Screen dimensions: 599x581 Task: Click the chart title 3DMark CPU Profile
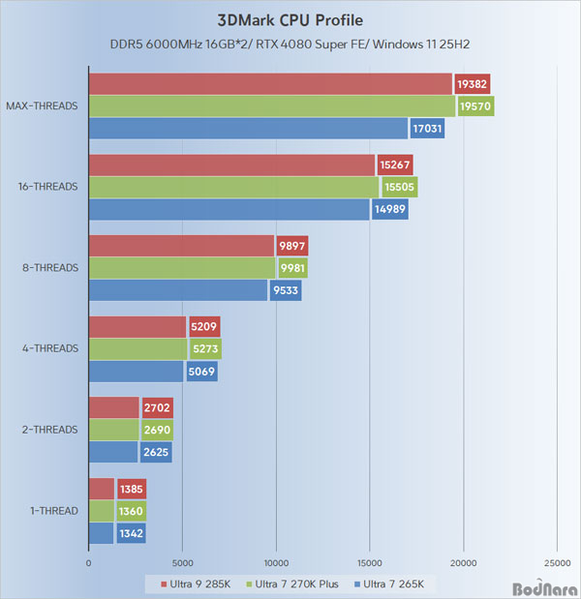point(290,19)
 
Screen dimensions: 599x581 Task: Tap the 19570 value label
point(475,106)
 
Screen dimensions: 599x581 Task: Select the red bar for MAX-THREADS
point(270,84)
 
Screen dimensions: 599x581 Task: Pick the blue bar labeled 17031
point(248,128)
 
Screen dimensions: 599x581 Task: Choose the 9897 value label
point(291,246)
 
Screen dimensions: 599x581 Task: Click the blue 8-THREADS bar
point(177,289)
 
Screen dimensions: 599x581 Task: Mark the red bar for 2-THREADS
point(114,407)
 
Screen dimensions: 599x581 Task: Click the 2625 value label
point(157,451)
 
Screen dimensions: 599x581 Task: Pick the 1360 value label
point(131,511)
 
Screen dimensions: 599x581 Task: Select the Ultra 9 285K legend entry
point(187,584)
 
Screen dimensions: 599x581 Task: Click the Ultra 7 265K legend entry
point(399,584)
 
